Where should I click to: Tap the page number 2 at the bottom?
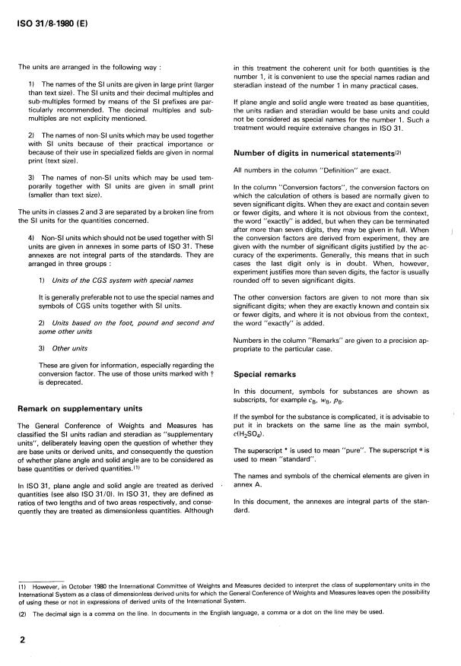(22, 640)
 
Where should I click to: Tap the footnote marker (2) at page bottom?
(23, 612)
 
